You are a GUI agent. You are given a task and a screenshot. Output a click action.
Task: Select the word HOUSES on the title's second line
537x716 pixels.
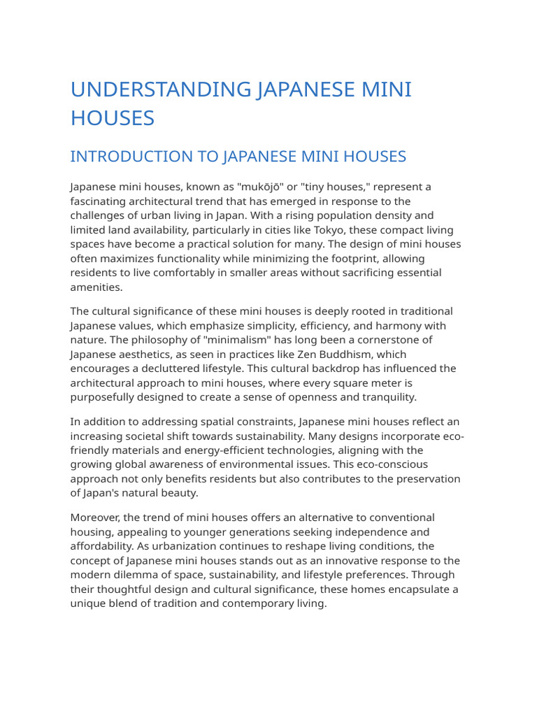(112, 118)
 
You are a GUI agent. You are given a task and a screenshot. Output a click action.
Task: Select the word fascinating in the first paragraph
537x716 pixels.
(98, 201)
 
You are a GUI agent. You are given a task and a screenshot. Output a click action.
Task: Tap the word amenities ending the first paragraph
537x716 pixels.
(96, 287)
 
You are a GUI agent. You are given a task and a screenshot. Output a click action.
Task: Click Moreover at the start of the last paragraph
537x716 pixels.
(96, 517)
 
